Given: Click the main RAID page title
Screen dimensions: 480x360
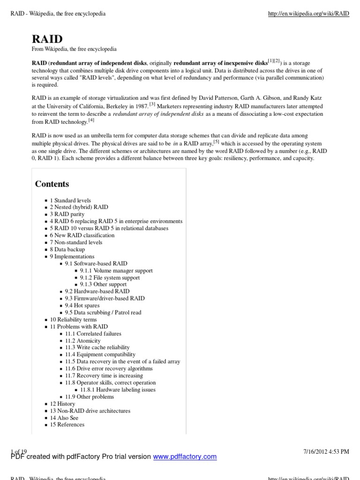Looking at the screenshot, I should [47, 38].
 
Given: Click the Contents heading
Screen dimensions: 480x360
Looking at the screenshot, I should [52, 184].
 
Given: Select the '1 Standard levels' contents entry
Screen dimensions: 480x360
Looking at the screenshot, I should [70, 200].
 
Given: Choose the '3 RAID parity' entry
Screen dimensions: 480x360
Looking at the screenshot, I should [67, 214].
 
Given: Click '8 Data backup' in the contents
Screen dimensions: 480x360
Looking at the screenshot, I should [67, 249].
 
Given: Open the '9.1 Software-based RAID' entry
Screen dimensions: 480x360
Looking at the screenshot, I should [96, 263].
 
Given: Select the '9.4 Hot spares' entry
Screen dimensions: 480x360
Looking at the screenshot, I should [82, 305].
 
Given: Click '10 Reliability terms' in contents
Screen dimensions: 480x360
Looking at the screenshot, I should [73, 319].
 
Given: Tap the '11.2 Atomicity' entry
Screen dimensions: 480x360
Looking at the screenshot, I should [83, 341].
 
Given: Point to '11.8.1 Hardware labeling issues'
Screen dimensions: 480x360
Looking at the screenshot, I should [118, 390].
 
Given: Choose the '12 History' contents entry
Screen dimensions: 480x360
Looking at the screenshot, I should [62, 404].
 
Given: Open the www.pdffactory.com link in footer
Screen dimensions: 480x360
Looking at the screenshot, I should [185, 457].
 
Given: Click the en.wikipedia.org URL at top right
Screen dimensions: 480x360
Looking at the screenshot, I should [308, 14].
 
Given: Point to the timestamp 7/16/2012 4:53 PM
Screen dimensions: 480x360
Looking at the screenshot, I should [326, 451].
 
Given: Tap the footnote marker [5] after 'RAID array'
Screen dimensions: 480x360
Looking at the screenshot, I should [216, 142].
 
